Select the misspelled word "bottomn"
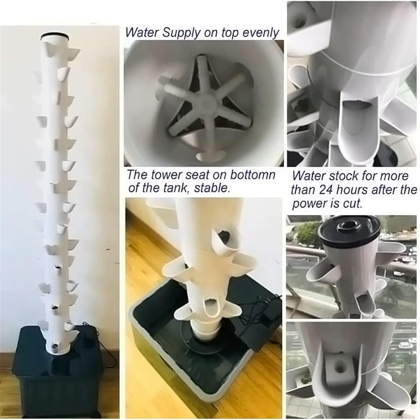point(253,175)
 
